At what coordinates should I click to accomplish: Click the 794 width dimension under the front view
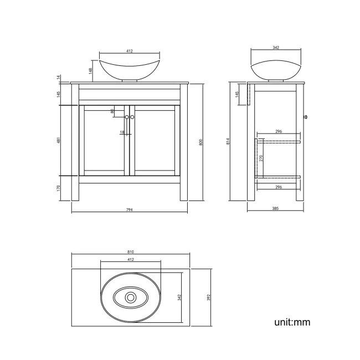coord(130,210)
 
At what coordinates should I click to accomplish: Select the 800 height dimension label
coord(202,142)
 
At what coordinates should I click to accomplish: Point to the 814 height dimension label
coord(228,142)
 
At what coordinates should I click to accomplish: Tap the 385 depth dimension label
coord(276,209)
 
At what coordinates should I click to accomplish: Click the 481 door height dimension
coord(58,141)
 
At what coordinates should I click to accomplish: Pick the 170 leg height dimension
coord(58,188)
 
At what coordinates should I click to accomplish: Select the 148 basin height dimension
coord(90,70)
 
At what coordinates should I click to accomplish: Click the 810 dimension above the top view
coord(130,252)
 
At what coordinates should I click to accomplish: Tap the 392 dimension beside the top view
coord(210,297)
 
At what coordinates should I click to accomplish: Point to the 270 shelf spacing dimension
coord(261,158)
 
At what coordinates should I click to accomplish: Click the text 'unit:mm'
coord(292,322)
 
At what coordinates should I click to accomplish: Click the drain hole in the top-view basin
coord(131,297)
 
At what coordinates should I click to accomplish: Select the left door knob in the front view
coord(126,117)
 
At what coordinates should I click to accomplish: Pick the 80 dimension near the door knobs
coord(112,111)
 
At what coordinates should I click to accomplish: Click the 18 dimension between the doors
coord(121,132)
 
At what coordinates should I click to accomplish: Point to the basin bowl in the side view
coord(276,70)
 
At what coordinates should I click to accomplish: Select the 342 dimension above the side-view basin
coord(276,48)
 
